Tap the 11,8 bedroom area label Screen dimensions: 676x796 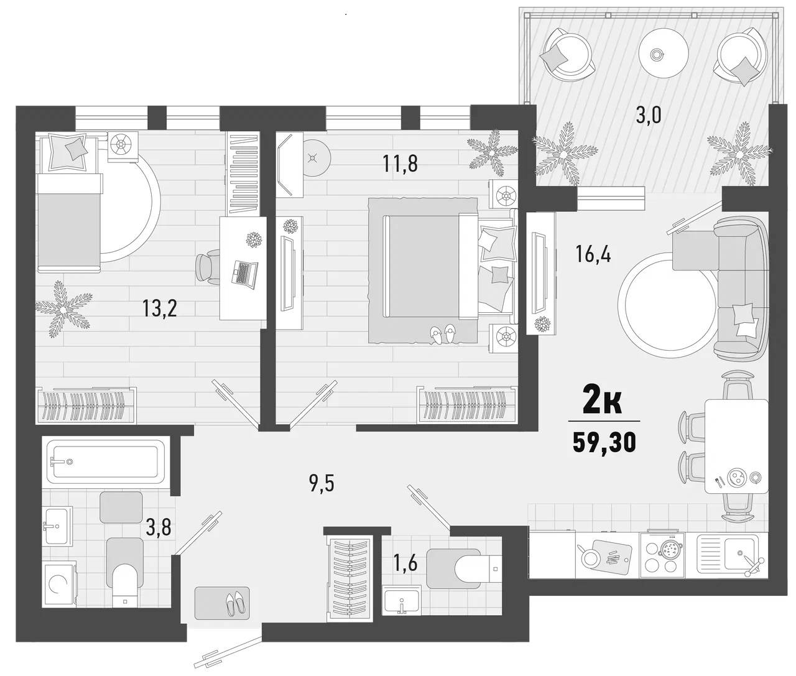[x=400, y=164]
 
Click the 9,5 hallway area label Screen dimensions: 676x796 [x=322, y=483]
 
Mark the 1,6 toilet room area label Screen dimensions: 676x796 [x=405, y=565]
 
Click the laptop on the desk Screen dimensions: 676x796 [x=244, y=272]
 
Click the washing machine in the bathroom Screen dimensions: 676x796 [x=59, y=585]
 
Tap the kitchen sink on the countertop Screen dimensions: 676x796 [x=738, y=552]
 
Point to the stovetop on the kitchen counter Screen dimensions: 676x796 [x=666, y=552]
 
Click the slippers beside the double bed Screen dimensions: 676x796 [x=443, y=334]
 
